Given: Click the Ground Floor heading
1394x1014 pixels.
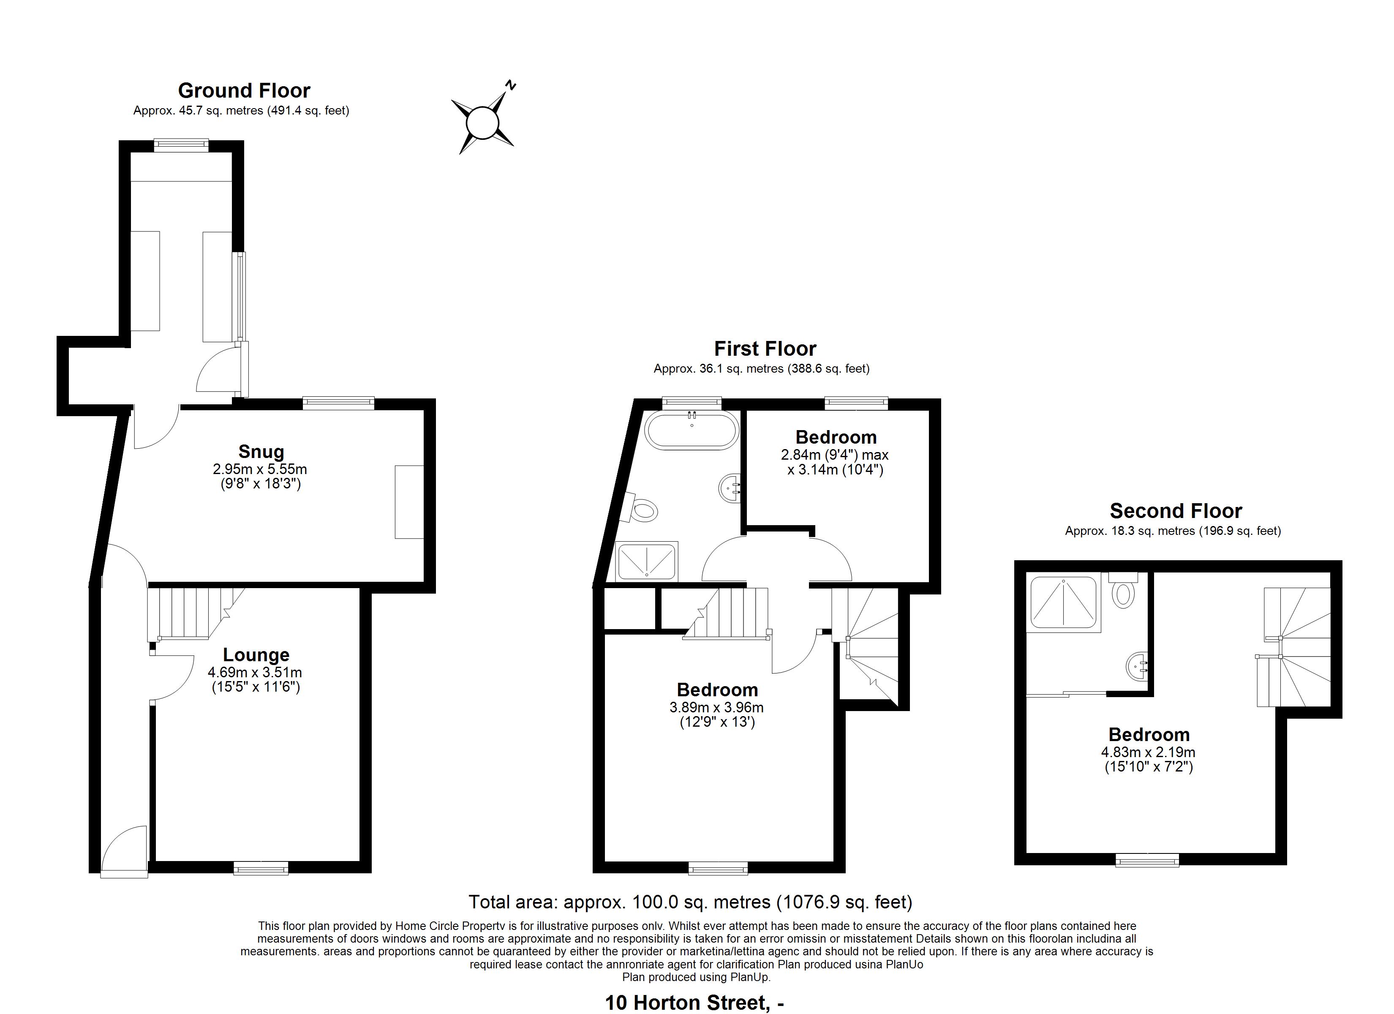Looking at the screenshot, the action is [244, 90].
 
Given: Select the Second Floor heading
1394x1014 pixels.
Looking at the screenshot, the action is [1175, 511].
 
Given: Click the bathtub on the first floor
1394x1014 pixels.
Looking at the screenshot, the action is [692, 429].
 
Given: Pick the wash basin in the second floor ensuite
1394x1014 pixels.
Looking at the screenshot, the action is [1138, 665].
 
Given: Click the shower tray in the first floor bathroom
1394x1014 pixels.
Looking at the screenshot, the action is [647, 562].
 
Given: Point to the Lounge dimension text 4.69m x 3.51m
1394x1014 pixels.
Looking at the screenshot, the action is [255, 673].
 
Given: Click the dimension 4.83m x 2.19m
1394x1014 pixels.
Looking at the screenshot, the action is [1148, 752].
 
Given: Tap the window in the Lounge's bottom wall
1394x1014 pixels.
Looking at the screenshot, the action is [261, 868].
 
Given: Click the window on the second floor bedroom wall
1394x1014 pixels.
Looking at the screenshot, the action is [1148, 860].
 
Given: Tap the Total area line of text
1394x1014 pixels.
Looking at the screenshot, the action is [690, 902].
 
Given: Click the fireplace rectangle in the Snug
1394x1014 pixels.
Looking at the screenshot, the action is [409, 502].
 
